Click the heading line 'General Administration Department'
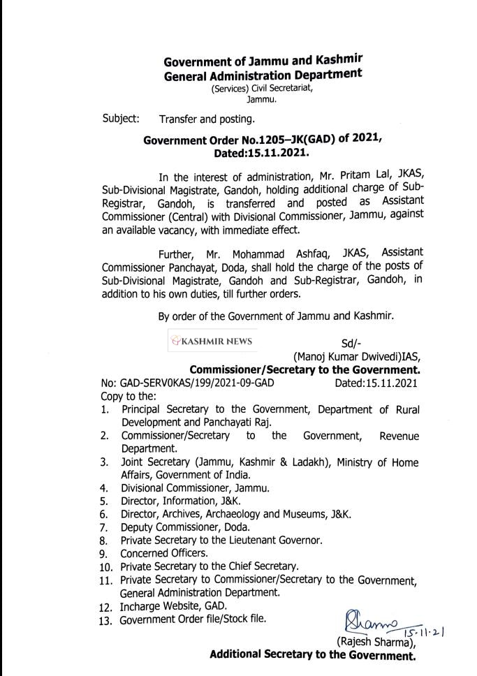click(x=263, y=75)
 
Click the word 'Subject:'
click(x=121, y=118)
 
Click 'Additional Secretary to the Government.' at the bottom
click(x=312, y=656)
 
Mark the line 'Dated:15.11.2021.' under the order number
click(x=262, y=152)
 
